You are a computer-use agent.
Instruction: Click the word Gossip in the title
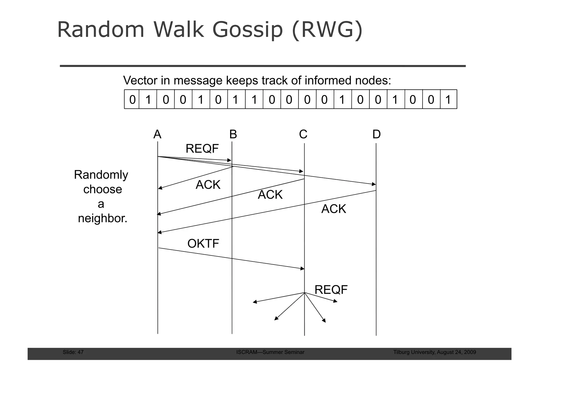248,30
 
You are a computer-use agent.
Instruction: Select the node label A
157,134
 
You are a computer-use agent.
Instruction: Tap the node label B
233,134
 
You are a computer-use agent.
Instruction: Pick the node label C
303,134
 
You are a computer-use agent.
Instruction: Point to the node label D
377,134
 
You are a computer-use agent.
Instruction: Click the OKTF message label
203,244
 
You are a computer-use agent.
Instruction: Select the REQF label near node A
202,149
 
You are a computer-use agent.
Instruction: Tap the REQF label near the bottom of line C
331,290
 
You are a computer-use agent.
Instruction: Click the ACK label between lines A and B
208,185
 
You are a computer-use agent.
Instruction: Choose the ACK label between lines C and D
334,209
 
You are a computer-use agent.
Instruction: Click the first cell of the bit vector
132,100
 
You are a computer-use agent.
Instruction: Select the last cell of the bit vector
448,100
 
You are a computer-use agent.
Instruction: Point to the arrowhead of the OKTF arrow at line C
303,268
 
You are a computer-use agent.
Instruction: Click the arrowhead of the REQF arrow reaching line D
374,184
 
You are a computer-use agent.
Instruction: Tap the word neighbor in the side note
102,219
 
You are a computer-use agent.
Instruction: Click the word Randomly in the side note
101,175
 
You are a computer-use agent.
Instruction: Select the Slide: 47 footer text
73,352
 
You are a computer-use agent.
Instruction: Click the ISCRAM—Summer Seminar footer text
270,352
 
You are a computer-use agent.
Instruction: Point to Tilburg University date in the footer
435,352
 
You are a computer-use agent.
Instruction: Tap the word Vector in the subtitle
140,81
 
